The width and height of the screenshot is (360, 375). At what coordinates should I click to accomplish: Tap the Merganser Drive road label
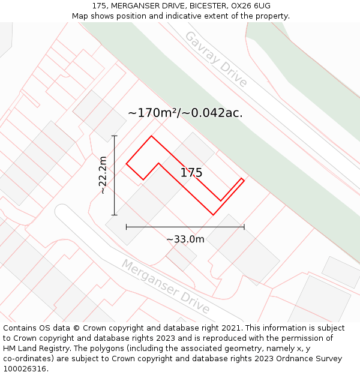click(x=166, y=287)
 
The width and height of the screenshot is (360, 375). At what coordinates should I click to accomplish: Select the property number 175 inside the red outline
click(x=191, y=173)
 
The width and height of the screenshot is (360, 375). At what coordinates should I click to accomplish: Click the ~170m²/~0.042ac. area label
click(x=185, y=113)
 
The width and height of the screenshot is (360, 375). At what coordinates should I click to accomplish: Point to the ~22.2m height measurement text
click(x=103, y=175)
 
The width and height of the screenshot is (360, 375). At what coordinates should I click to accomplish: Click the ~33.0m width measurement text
click(x=185, y=239)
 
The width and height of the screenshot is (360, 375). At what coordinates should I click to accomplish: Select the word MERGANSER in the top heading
click(x=134, y=6)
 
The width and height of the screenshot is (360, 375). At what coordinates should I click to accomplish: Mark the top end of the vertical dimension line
click(x=114, y=136)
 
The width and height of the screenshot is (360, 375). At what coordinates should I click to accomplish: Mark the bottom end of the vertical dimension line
click(x=114, y=215)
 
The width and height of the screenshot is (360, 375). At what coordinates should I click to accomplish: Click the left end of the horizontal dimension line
click(x=127, y=227)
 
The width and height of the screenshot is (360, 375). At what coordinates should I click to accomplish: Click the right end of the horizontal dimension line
click(x=244, y=227)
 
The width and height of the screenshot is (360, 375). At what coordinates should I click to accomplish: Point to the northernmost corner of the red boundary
click(x=151, y=136)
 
